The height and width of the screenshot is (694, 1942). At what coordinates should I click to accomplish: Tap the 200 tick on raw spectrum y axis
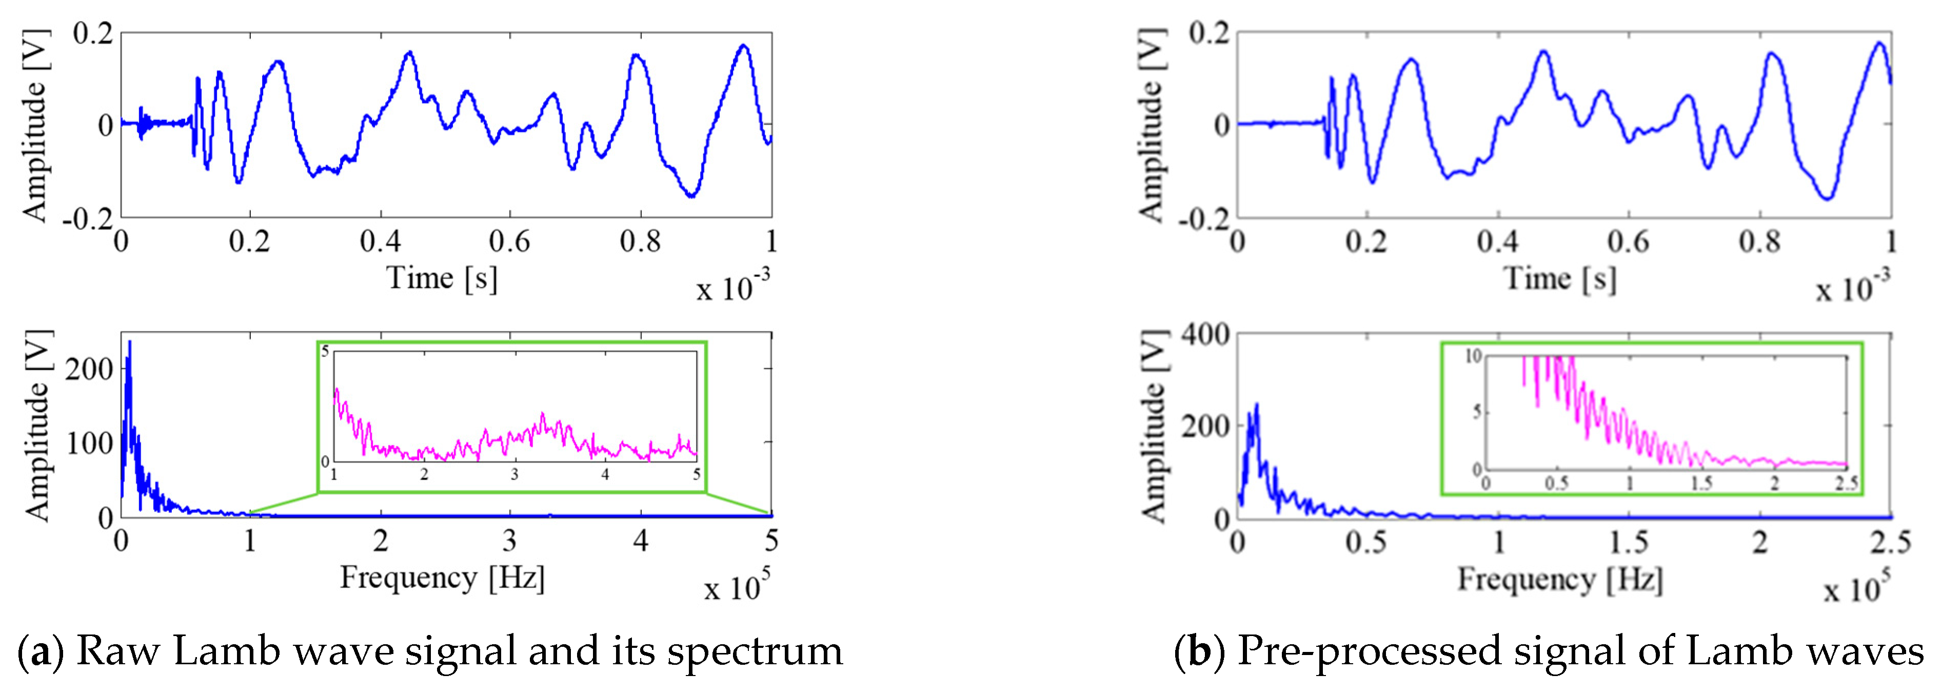click(89, 369)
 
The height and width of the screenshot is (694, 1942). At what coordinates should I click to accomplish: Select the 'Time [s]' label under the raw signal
click(442, 278)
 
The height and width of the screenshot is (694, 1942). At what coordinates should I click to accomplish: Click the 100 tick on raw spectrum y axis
click(89, 443)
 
